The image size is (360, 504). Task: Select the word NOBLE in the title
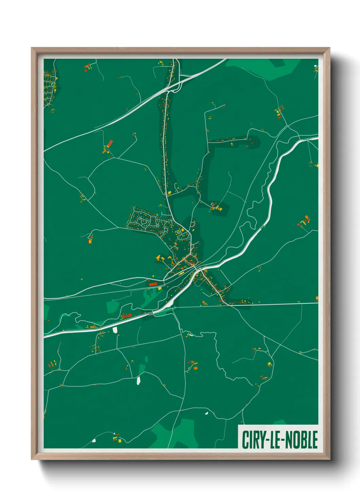[301, 440]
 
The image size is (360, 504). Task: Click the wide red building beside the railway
[153, 284]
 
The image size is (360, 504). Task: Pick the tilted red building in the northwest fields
[110, 143]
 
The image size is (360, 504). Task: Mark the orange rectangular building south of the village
[195, 368]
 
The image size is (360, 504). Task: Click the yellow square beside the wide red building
[160, 288]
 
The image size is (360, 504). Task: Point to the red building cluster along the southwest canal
[126, 316]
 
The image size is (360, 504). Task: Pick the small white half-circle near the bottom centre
[206, 413]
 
